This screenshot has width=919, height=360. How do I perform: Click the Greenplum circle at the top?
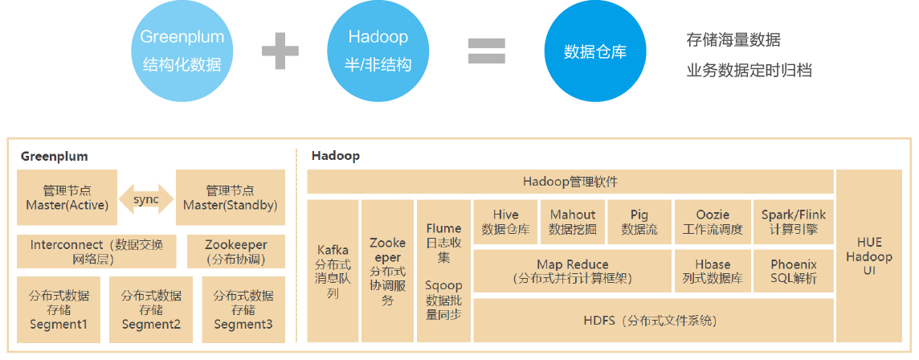pyautogui.click(x=182, y=51)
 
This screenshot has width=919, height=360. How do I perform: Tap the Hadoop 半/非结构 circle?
pyautogui.click(x=378, y=51)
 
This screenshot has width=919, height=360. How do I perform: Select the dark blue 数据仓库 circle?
pyautogui.click(x=595, y=51)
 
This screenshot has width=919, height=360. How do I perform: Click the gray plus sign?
pyautogui.click(x=280, y=51)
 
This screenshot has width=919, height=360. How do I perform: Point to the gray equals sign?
pyautogui.click(x=487, y=51)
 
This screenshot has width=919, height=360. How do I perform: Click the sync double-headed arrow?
pyautogui.click(x=146, y=198)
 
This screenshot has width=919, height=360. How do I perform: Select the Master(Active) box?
pyautogui.click(x=67, y=198)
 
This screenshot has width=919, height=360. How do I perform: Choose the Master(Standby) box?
pyautogui.click(x=231, y=198)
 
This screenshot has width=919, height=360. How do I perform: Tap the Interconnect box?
pyautogui.click(x=96, y=252)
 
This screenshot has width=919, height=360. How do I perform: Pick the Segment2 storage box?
pyautogui.click(x=151, y=309)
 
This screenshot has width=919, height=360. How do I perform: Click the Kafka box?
pyautogui.click(x=333, y=271)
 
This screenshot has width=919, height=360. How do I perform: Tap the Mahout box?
pyautogui.click(x=573, y=223)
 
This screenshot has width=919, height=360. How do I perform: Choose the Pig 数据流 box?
pyautogui.click(x=639, y=223)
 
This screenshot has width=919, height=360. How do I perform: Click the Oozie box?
pyautogui.click(x=712, y=223)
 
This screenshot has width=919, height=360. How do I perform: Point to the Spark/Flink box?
pyautogui.click(x=794, y=223)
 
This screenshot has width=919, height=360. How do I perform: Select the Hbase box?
pyautogui.click(x=712, y=271)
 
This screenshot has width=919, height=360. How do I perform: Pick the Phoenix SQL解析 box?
pyautogui.click(x=794, y=271)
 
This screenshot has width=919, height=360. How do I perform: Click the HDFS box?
pyautogui.click(x=653, y=320)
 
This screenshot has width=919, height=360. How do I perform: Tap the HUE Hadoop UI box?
pyautogui.click(x=868, y=256)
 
